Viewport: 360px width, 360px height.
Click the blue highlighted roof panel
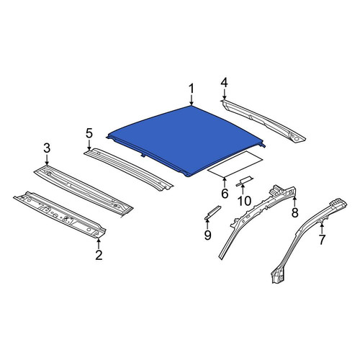point(186,139)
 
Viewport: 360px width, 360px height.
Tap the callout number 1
point(192,89)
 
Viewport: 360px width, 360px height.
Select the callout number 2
point(99,255)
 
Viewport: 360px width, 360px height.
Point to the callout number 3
point(47,148)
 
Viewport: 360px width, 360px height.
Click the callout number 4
point(224,83)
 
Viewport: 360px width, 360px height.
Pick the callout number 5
point(89,133)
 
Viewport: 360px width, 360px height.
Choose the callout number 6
point(225,194)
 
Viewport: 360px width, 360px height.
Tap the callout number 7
point(322,240)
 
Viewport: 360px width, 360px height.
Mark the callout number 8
point(295,212)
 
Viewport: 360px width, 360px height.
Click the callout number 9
point(207,235)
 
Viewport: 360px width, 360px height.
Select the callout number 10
point(244,201)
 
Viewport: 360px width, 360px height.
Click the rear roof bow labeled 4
point(263,120)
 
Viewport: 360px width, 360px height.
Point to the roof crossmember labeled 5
point(128,169)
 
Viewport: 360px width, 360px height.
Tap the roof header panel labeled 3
point(84,189)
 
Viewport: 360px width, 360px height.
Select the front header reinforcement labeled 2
point(60,215)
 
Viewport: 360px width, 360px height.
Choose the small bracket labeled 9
point(212,212)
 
